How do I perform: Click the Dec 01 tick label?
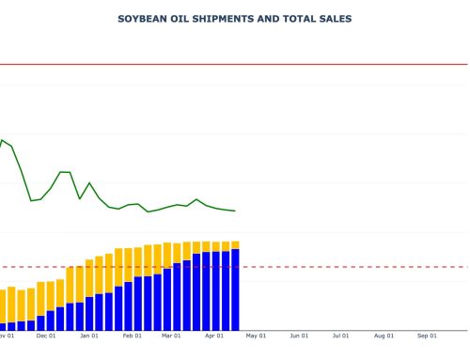[x=46, y=336]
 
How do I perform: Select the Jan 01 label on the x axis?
[x=89, y=336]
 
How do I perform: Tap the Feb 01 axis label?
[x=133, y=336]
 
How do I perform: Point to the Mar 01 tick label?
[x=171, y=336]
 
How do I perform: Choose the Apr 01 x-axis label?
[x=214, y=336]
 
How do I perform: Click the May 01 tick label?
[x=256, y=336]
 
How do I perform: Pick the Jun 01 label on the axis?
[x=299, y=336]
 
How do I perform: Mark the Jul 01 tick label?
[x=341, y=336]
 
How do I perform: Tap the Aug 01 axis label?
[x=384, y=336]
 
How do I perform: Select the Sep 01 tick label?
[x=427, y=336]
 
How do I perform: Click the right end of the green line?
[x=235, y=211]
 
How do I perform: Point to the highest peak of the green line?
[x=2, y=140]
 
